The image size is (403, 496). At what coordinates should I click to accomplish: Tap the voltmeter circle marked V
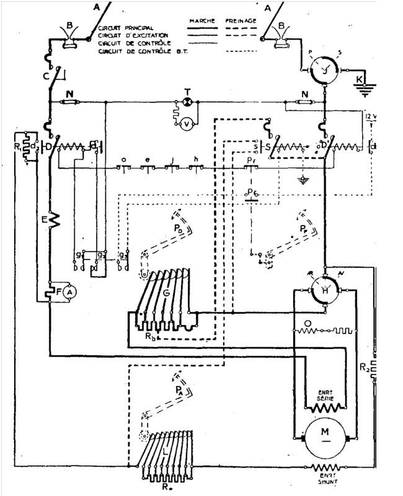[186, 123]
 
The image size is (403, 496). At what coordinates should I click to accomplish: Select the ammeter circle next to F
[70, 291]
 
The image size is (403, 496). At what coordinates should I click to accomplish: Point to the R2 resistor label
[365, 368]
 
